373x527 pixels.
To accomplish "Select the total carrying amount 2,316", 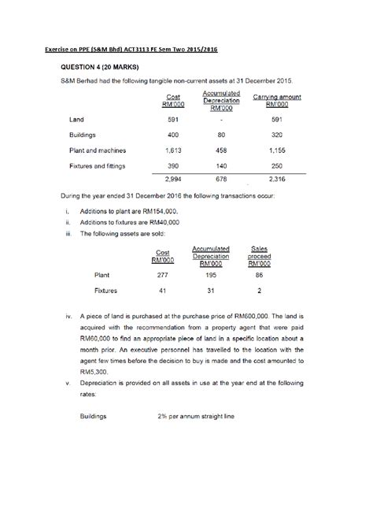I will tap(276, 180).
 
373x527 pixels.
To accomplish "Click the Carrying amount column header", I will tap(276, 100).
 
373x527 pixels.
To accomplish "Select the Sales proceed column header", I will tap(259, 255).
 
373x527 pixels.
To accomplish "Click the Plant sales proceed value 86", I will tap(259, 276).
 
